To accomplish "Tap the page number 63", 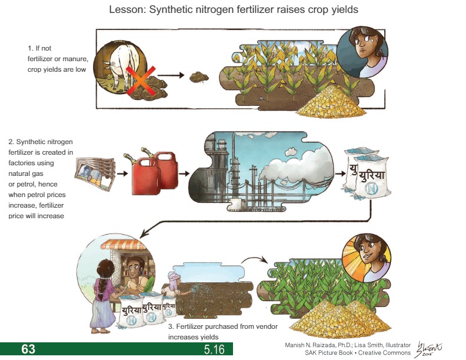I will (x=28, y=349).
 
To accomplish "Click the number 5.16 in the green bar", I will (x=214, y=349).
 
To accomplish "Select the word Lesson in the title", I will (x=125, y=10).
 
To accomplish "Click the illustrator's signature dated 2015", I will (x=431, y=348).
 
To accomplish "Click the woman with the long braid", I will (x=105, y=288).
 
